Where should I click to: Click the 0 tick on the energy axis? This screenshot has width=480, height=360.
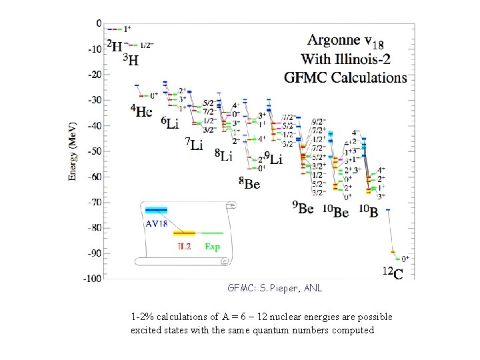99,23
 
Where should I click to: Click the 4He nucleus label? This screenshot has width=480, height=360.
141,111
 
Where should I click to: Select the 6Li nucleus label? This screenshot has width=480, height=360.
169,123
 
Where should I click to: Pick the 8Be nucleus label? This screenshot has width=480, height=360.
249,183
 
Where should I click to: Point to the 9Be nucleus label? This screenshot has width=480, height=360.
303,209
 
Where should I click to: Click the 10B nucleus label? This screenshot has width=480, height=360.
369,211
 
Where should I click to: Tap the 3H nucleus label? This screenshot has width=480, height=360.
131,61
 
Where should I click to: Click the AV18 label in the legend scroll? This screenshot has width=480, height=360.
156,224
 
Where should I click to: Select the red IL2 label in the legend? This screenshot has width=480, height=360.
185,247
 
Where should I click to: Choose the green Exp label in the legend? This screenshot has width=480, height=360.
212,247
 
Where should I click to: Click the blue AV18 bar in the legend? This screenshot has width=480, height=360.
157,211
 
